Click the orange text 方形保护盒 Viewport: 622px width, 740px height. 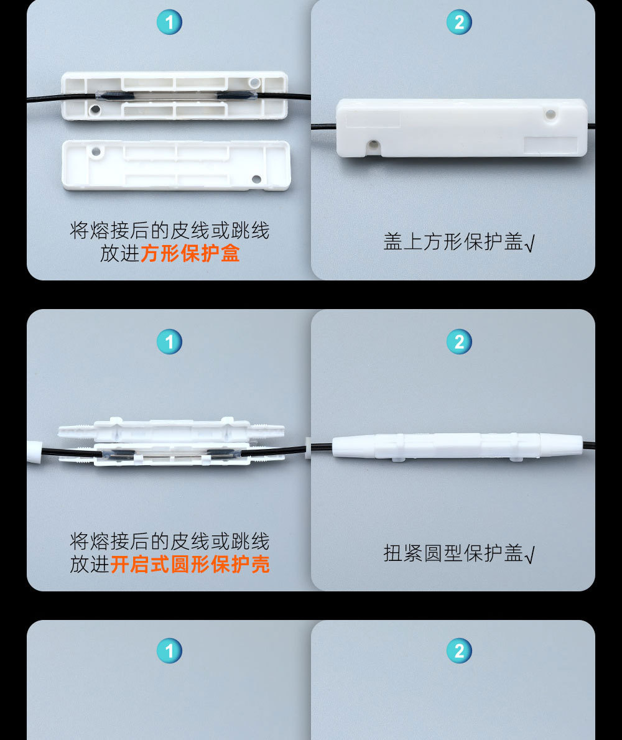click(190, 254)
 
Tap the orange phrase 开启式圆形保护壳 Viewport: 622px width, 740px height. click(190, 564)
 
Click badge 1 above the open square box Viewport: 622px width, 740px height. click(169, 22)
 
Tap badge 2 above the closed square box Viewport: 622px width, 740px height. click(459, 22)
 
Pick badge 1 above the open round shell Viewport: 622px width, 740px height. click(169, 341)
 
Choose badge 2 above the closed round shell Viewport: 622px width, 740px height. click(459, 341)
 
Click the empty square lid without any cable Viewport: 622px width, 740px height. click(176, 165)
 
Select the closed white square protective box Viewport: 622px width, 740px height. click(462, 127)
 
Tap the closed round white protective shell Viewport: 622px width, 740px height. click(457, 446)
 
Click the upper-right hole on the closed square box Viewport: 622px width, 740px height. click(550, 114)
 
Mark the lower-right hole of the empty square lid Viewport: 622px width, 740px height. click(256, 179)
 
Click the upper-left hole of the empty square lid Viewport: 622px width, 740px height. click(96, 151)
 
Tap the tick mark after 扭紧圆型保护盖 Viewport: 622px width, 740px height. click(530, 555)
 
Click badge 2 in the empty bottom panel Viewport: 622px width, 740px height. click(459, 650)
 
